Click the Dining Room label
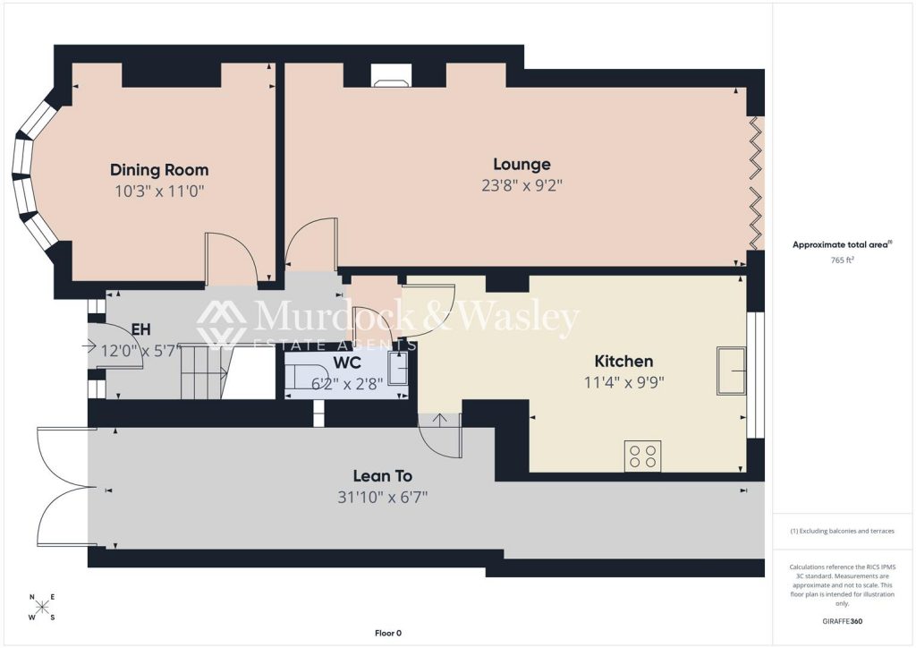click(x=159, y=170)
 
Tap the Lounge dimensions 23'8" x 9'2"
click(x=522, y=186)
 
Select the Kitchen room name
click(x=623, y=361)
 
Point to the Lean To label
click(x=383, y=476)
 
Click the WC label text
click(x=347, y=362)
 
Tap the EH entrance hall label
click(x=140, y=329)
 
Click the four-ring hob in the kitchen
click(x=642, y=456)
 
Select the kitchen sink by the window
click(x=732, y=371)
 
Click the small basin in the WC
click(x=398, y=368)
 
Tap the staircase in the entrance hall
click(x=203, y=371)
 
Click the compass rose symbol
click(x=42, y=607)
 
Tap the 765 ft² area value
click(x=842, y=260)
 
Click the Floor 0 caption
click(x=388, y=633)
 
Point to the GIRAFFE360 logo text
click(x=842, y=621)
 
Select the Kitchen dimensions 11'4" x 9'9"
click(x=623, y=383)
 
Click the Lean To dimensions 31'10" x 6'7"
click(x=383, y=498)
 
